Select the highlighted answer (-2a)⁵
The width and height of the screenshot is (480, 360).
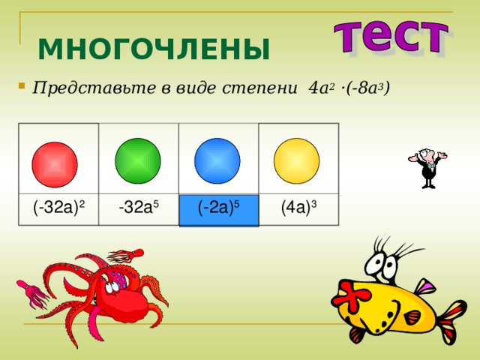[218, 208]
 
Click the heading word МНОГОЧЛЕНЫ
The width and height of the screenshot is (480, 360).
[154, 50]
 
